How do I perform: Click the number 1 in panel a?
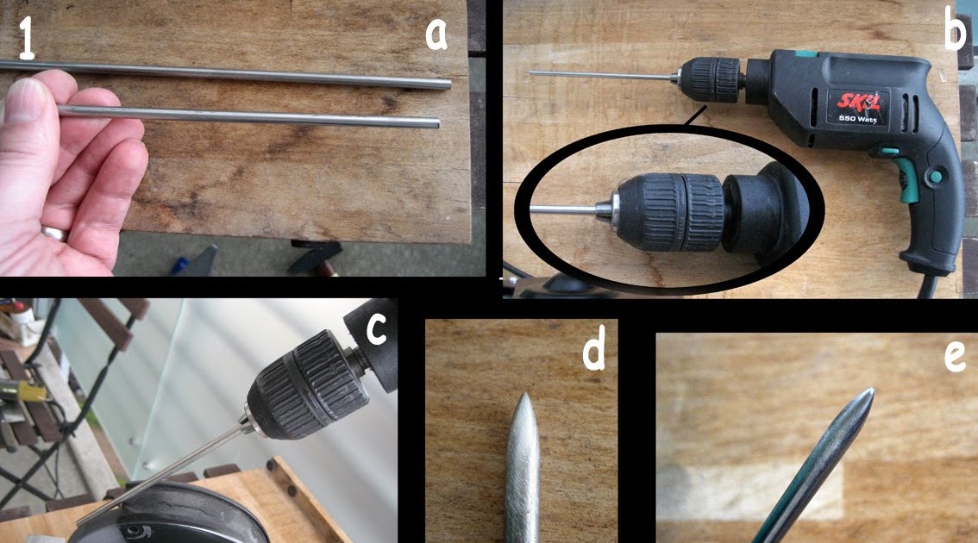tap(27, 38)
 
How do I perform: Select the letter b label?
tap(955, 32)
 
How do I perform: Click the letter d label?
tap(594, 352)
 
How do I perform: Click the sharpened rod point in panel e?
tap(868, 394)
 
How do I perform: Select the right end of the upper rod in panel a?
tap(447, 84)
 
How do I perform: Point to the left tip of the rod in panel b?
tap(532, 73)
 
